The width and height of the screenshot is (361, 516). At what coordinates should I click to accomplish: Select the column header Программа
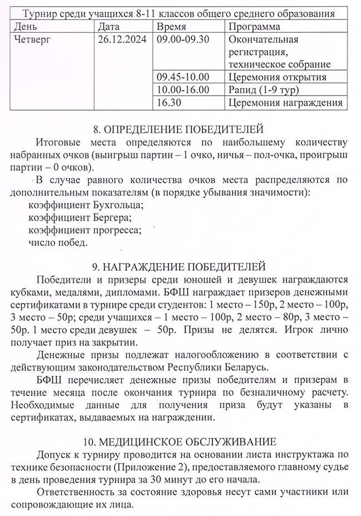[x=254, y=27]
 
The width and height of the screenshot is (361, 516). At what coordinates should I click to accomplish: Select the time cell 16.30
[x=170, y=102]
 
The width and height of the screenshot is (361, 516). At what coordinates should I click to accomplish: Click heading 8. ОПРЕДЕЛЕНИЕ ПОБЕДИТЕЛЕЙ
[x=179, y=130]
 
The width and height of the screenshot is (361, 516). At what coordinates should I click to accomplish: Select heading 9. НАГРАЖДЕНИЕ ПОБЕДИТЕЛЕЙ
[x=179, y=266]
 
